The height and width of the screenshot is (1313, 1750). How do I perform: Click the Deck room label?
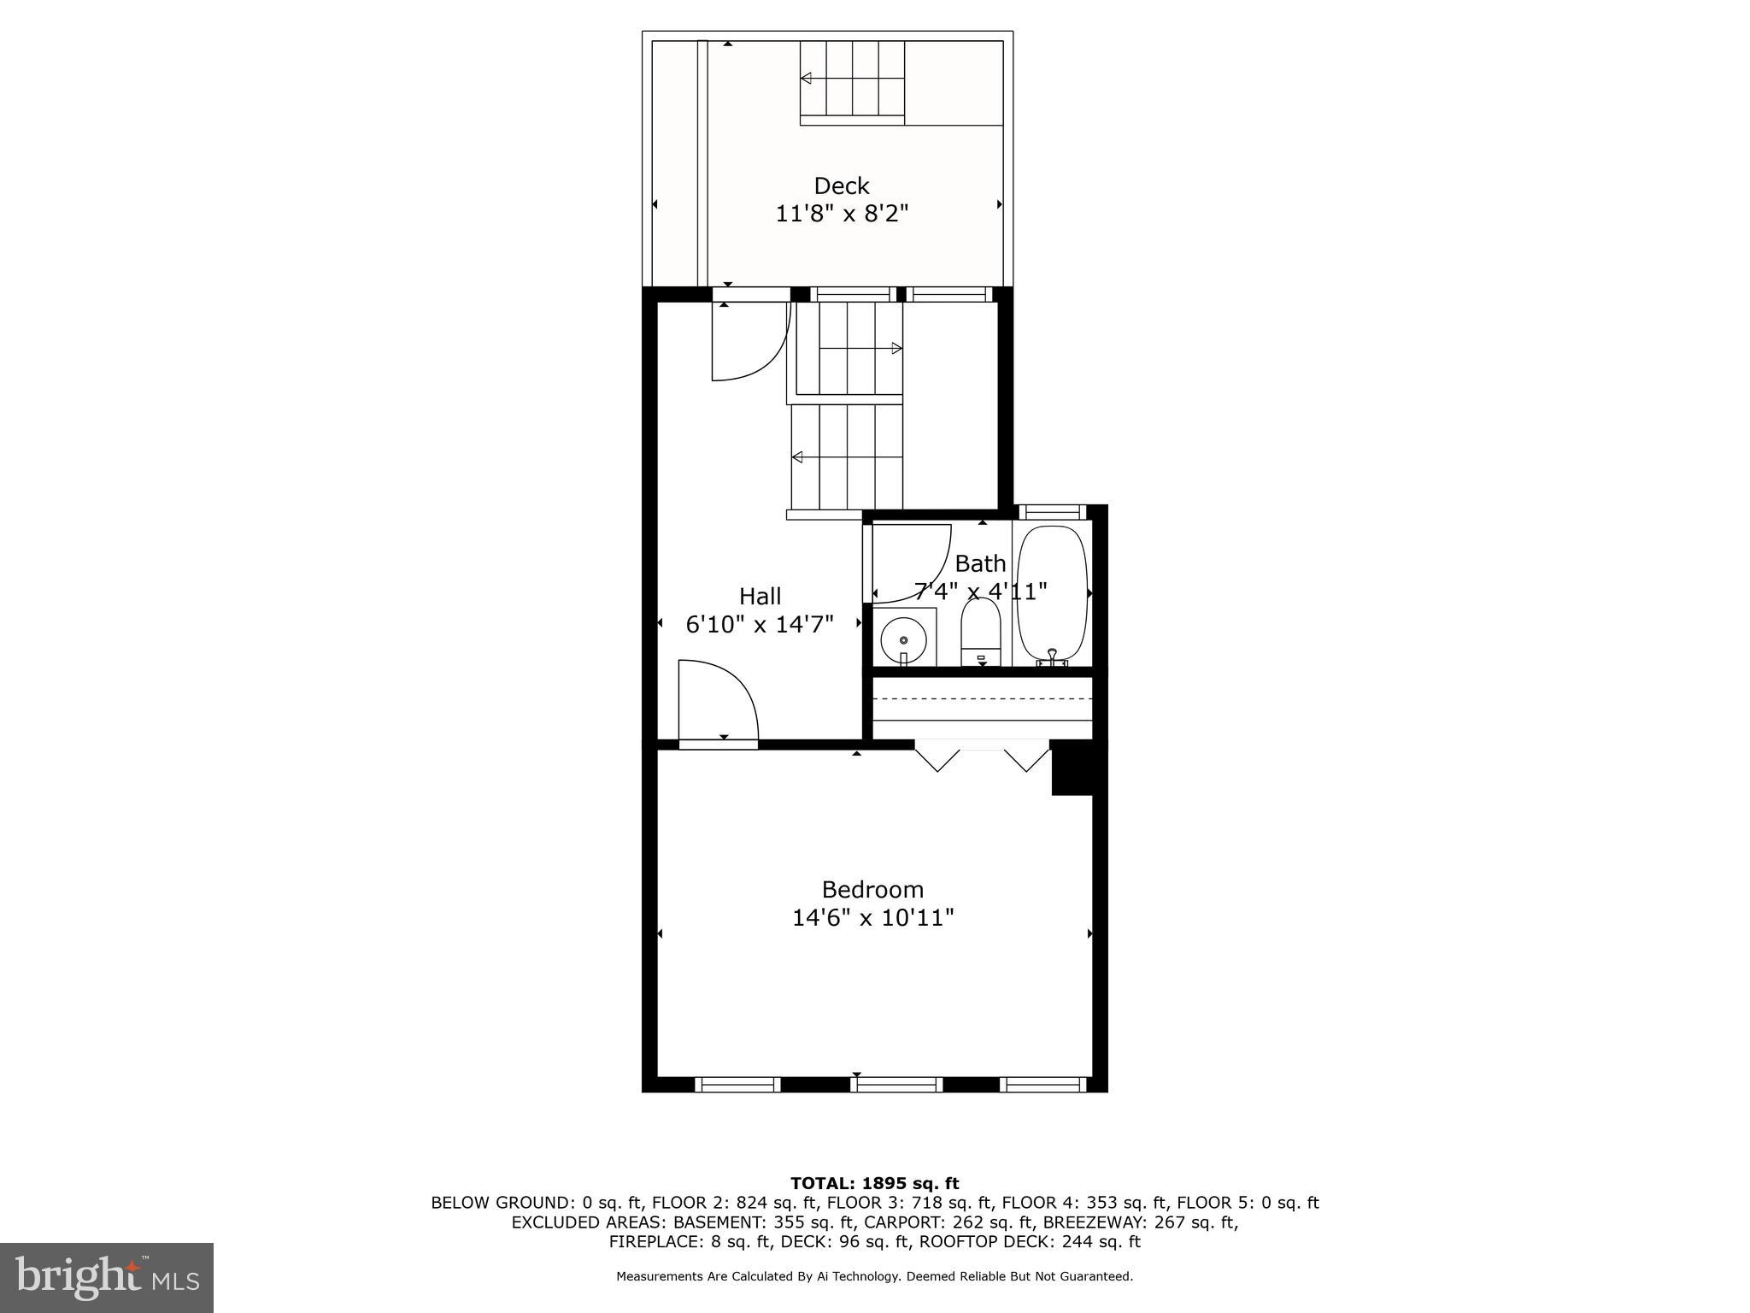pyautogui.click(x=841, y=185)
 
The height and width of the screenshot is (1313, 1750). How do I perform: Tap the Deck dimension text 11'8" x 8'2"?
pyautogui.click(x=841, y=214)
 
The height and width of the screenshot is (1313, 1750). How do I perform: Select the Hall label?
pyautogui.click(x=760, y=596)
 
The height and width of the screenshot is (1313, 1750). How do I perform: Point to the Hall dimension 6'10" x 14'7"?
pyautogui.click(x=760, y=625)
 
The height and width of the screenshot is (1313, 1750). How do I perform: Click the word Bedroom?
pyautogui.click(x=872, y=889)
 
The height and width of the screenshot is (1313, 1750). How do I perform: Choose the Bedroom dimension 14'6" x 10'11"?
pyautogui.click(x=872, y=918)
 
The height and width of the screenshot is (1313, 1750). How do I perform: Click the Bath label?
pyautogui.click(x=980, y=563)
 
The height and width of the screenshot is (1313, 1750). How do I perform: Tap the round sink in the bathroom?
pyautogui.click(x=903, y=639)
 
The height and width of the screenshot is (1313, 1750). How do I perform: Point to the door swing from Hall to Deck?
pyautogui.click(x=748, y=342)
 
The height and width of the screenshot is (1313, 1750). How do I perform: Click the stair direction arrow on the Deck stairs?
pyautogui.click(x=806, y=79)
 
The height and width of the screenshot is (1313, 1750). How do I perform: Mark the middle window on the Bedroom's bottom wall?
pyautogui.click(x=896, y=1085)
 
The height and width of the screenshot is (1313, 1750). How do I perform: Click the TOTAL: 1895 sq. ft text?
pyautogui.click(x=874, y=1183)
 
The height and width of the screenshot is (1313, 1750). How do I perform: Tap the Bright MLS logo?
pyautogui.click(x=107, y=1277)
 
